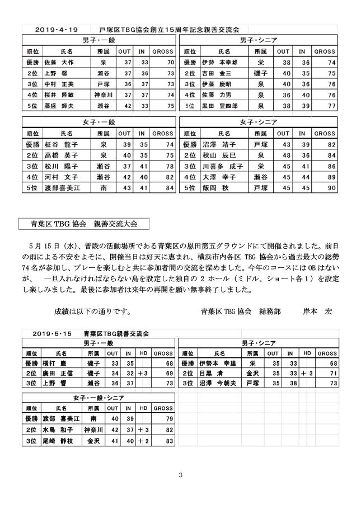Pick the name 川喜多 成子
tap(222, 166)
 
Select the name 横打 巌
tap(54, 364)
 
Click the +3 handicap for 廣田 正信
tap(142, 374)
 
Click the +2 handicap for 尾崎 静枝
tap(142, 441)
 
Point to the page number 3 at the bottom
tap(180, 475)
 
